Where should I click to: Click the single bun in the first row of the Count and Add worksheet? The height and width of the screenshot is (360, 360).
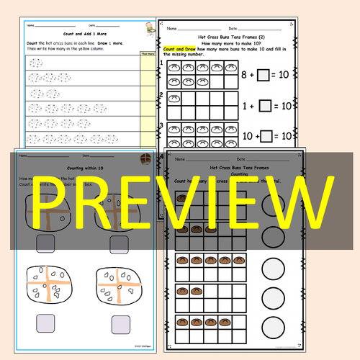tap(34, 63)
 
